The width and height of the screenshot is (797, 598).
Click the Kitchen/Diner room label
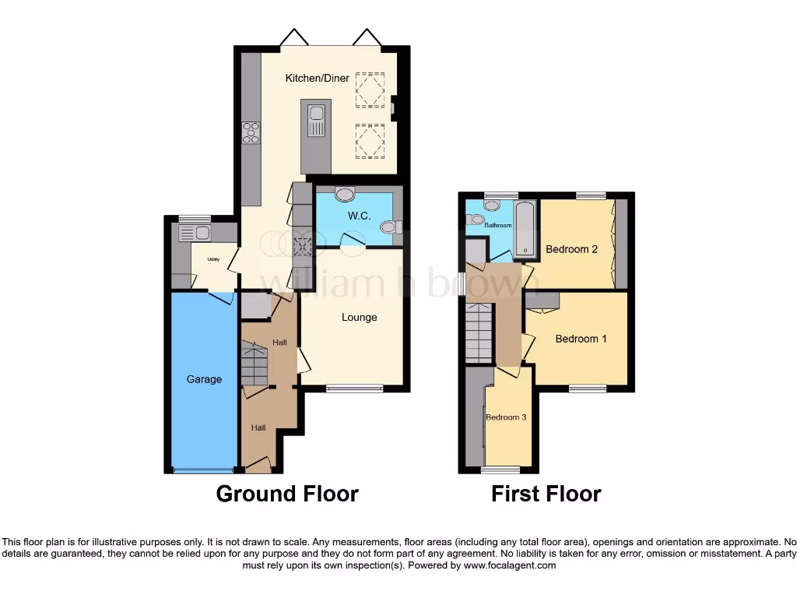pyautogui.click(x=317, y=78)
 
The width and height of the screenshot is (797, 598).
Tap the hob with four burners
pyautogui.click(x=251, y=134)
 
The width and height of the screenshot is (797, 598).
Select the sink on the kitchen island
pyautogui.click(x=317, y=120)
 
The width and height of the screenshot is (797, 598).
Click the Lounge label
pyautogui.click(x=359, y=317)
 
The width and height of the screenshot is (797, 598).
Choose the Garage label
pyautogui.click(x=204, y=379)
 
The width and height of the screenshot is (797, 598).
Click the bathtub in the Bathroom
pyautogui.click(x=526, y=229)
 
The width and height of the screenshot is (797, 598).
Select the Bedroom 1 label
pyautogui.click(x=581, y=339)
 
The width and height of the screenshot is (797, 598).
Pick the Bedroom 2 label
pyautogui.click(x=571, y=249)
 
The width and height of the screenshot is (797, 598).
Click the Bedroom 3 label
pyautogui.click(x=506, y=417)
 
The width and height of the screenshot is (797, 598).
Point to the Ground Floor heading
pyautogui.click(x=286, y=494)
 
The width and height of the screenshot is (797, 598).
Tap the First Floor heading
pyautogui.click(x=546, y=494)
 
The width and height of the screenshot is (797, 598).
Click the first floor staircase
pyautogui.click(x=480, y=332)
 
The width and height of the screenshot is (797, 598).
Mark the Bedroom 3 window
pyautogui.click(x=500, y=470)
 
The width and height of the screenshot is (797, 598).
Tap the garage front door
pyautogui.click(x=202, y=470)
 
